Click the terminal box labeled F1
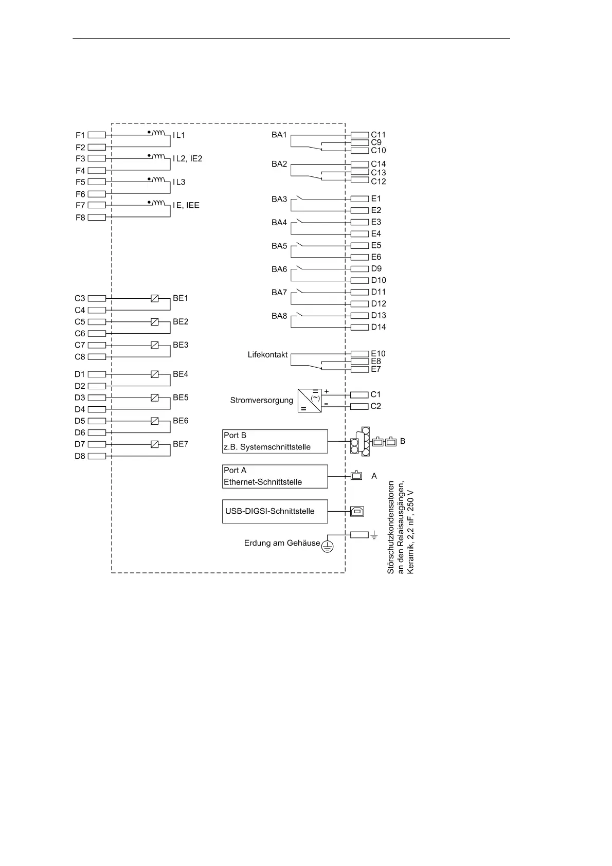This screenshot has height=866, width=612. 97,135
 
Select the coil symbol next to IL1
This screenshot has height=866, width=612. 159,133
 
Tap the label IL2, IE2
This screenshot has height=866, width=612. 187,158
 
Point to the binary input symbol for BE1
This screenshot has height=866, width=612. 154,298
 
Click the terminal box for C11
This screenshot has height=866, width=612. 359,135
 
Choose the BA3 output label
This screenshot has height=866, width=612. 279,199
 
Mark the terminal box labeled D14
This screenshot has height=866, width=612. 359,327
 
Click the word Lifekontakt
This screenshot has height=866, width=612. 267,355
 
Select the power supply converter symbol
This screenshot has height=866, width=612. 310,400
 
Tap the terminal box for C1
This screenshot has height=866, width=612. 359,394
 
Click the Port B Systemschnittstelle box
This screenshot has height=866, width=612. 275,441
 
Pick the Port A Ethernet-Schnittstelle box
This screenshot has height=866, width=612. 275,476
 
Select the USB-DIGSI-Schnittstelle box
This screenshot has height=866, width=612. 275,511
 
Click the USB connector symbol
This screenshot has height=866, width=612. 357,511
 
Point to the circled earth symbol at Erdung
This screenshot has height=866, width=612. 327,546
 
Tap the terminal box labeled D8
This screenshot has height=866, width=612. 97,456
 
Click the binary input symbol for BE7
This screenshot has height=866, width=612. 154,444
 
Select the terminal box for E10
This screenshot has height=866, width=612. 359,354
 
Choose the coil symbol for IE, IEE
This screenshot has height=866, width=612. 159,203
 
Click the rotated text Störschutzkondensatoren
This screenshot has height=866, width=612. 391,528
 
